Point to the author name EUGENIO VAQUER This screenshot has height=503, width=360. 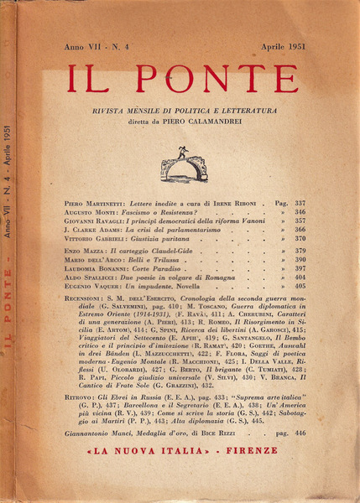88,309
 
